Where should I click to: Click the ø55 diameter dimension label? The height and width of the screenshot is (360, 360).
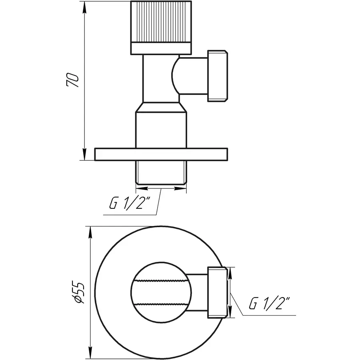[x=80, y=292]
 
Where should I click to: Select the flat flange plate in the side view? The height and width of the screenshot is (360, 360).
[x=161, y=154]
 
